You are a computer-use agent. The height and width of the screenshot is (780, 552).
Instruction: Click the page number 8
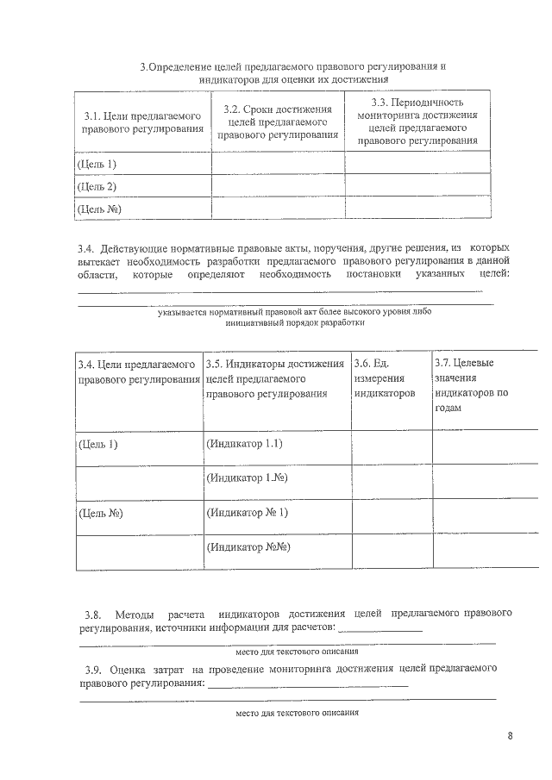coord(511,735)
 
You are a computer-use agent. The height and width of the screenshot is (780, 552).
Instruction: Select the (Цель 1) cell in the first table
coord(97,164)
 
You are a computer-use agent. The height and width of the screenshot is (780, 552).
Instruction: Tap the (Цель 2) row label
coord(97,186)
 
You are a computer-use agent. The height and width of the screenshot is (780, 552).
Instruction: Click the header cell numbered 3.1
coord(142,122)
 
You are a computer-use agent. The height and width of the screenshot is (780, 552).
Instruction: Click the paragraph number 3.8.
coord(93,615)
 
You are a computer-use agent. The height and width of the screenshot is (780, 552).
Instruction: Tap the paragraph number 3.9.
coord(93,670)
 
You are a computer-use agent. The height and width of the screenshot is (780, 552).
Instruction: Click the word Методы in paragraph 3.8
coord(135,615)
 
